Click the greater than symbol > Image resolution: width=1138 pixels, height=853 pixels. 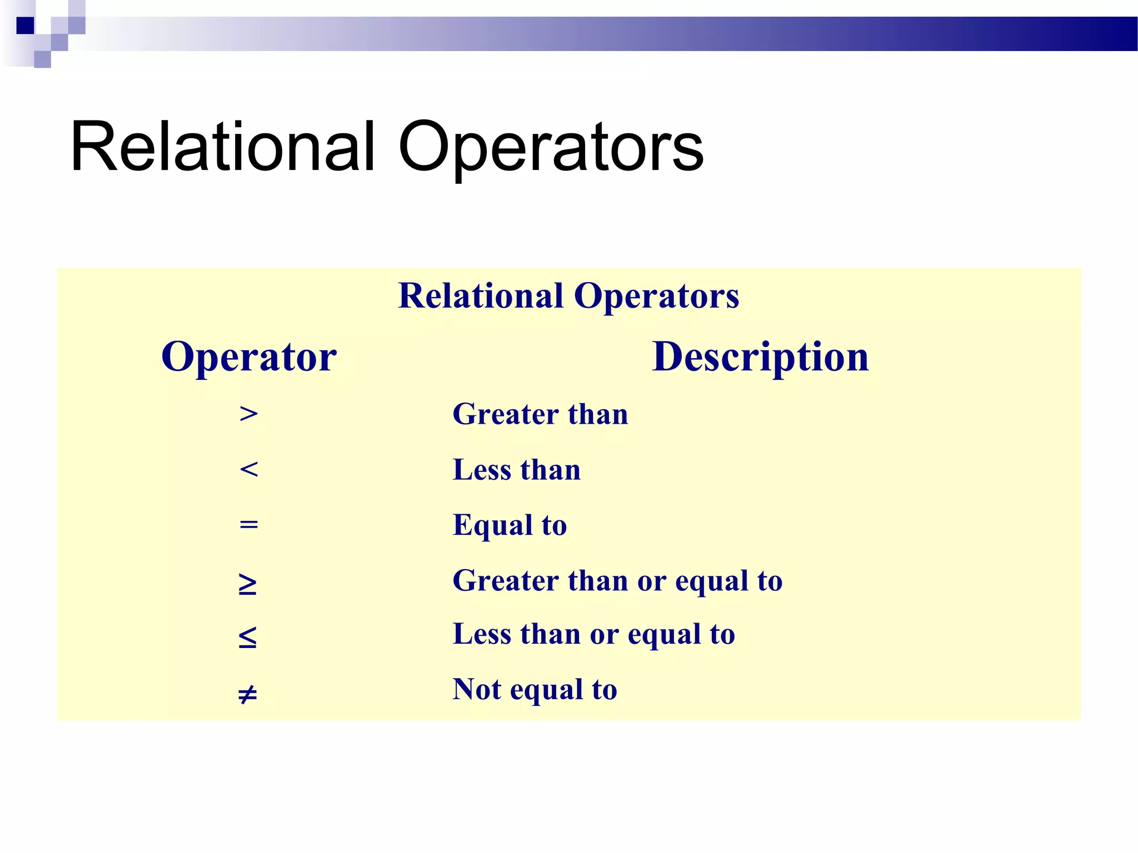(248, 414)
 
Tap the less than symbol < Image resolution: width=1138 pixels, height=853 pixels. (248, 470)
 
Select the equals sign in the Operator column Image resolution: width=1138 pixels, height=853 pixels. (248, 524)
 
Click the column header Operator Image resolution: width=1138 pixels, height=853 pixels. (249, 357)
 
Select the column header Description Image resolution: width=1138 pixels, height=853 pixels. (760, 357)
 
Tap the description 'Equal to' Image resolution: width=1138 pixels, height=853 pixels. (510, 525)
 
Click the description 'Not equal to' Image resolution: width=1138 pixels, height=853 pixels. (535, 690)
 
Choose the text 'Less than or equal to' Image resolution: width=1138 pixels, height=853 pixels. (593, 634)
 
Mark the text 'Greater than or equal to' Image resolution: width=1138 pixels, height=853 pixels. (617, 581)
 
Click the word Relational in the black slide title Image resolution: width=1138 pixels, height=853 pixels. (222, 148)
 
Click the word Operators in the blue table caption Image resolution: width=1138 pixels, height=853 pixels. (656, 295)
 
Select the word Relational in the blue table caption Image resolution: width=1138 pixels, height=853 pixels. (481, 295)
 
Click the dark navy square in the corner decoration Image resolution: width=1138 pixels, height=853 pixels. (25, 26)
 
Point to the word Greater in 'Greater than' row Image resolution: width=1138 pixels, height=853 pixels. (505, 414)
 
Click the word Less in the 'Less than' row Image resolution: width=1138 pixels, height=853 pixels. (481, 470)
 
